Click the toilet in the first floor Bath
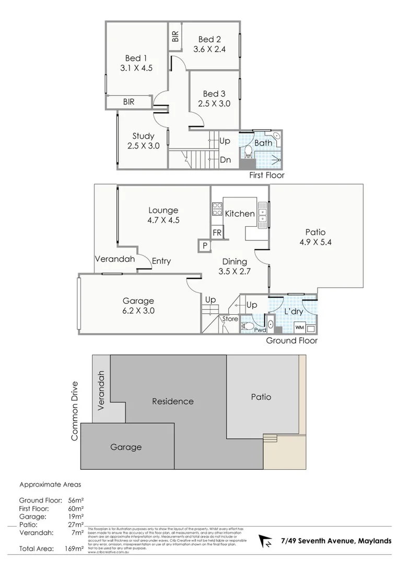click(x=249, y=152)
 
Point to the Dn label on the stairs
click(x=225, y=160)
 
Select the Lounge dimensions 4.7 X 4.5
click(x=163, y=220)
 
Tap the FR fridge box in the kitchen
click(x=217, y=232)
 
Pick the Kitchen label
click(x=240, y=213)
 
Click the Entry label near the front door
click(x=161, y=261)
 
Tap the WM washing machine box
click(x=299, y=327)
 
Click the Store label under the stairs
click(x=230, y=319)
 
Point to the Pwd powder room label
click(x=260, y=329)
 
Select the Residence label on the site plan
click(x=172, y=401)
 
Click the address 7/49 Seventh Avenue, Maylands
click(x=336, y=541)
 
